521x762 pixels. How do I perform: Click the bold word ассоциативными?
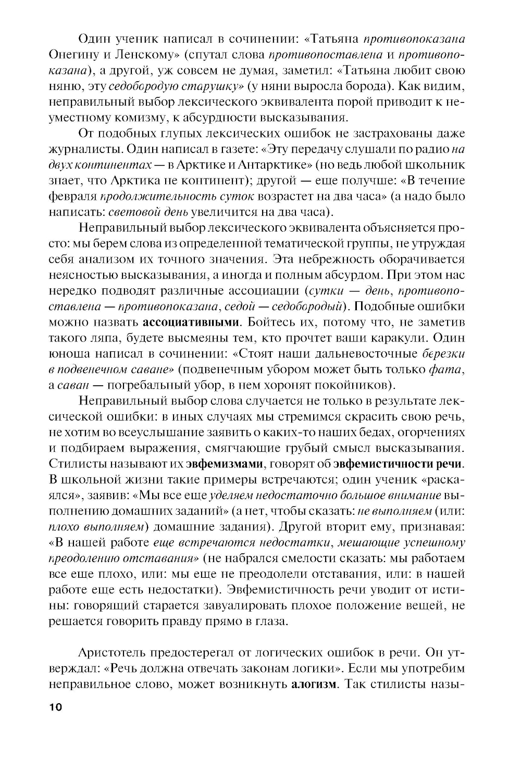191,321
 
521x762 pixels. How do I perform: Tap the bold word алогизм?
313,683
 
